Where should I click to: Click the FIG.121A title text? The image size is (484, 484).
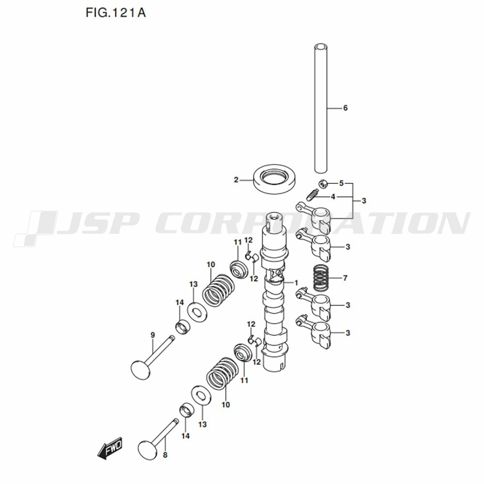(116, 13)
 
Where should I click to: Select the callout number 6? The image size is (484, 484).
(345, 108)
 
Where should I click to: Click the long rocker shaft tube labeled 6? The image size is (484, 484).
(321, 108)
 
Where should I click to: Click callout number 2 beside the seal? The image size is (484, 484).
(236, 180)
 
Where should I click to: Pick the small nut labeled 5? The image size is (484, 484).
(323, 184)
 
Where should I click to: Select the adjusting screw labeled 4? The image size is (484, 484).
(312, 195)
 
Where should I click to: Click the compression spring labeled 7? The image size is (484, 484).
(321, 278)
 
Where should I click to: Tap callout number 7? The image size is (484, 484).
(345, 278)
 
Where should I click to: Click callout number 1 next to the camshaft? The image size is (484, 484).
(296, 283)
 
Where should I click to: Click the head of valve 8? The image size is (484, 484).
(148, 450)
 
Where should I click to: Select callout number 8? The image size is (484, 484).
(165, 454)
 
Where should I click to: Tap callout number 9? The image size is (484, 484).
(152, 334)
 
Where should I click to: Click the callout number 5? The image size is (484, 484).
(341, 183)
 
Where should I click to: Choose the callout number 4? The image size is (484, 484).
(333, 197)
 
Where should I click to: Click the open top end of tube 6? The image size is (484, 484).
(321, 46)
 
